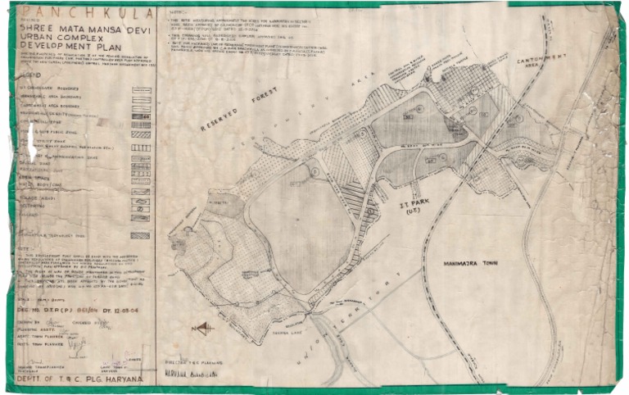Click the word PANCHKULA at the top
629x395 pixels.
tap(81, 13)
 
